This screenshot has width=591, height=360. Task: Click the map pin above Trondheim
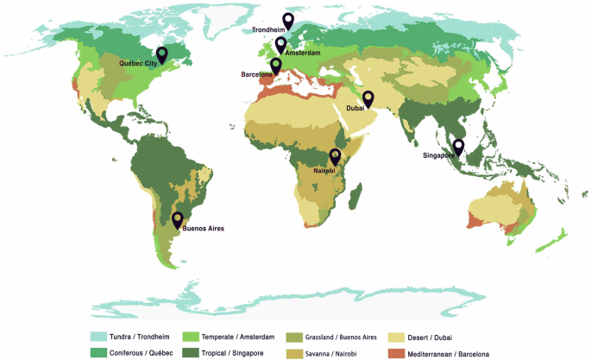(288, 20)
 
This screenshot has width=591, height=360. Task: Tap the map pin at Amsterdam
(280, 44)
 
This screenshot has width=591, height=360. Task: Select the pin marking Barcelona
(276, 65)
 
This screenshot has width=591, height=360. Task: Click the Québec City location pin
(161, 55)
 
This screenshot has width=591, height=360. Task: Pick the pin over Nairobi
(336, 155)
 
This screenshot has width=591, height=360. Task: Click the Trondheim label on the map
(268, 30)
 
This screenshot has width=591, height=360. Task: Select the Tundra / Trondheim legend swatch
(100, 336)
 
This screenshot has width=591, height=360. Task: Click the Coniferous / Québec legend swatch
(100, 351)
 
